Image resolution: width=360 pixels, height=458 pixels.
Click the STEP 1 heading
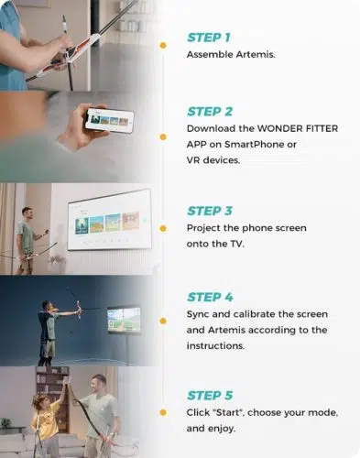(209, 38)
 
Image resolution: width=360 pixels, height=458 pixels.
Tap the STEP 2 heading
(210, 112)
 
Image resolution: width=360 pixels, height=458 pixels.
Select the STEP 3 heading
(210, 211)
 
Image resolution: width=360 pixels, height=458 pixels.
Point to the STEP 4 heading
(210, 297)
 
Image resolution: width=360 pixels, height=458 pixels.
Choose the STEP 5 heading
(210, 396)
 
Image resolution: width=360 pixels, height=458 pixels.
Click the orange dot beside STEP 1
(163, 46)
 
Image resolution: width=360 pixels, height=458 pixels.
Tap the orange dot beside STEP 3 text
(163, 228)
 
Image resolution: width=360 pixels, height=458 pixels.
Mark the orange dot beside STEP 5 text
(163, 413)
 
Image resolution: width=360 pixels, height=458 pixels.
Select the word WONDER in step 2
(276, 128)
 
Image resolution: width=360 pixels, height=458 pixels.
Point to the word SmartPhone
(254, 145)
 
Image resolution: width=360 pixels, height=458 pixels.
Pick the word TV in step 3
(236, 244)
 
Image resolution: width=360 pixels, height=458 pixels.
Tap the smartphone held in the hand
(109, 120)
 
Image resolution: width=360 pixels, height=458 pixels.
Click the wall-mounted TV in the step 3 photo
(109, 219)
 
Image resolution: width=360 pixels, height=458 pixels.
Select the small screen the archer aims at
(124, 320)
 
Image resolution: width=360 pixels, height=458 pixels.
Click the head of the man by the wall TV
(27, 214)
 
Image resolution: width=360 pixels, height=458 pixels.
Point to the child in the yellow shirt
(45, 423)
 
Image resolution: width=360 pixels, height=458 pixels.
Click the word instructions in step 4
(215, 346)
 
